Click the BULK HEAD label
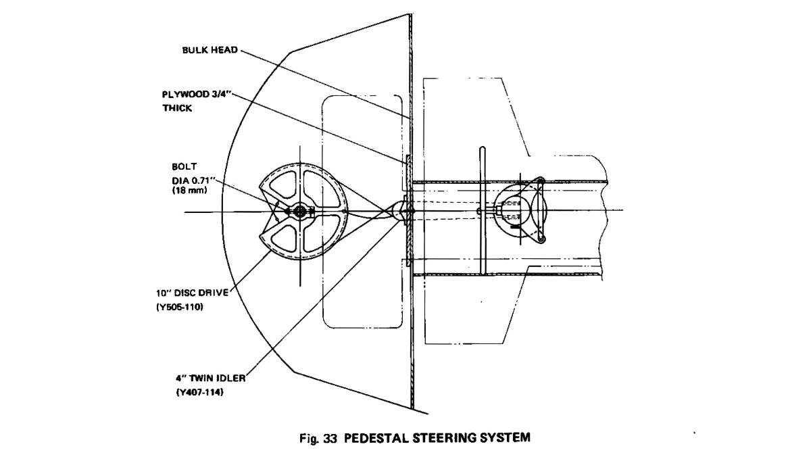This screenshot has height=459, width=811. (210, 51)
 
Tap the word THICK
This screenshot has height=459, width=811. (177, 108)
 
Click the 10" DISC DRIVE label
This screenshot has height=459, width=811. (192, 293)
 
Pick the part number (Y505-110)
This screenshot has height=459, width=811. (179, 306)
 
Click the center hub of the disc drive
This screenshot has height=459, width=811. (300, 212)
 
